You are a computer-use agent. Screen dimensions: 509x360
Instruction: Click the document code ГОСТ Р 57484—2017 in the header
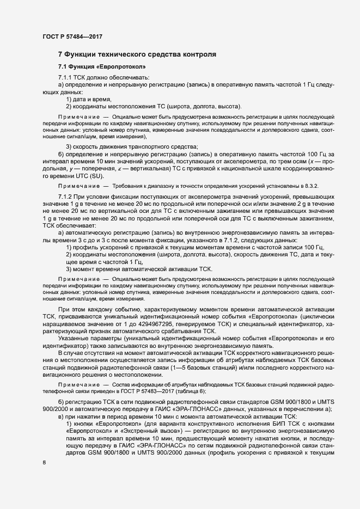72,36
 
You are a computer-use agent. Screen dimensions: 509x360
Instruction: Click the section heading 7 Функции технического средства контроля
137,54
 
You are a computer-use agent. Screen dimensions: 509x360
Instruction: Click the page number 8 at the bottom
44,462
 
